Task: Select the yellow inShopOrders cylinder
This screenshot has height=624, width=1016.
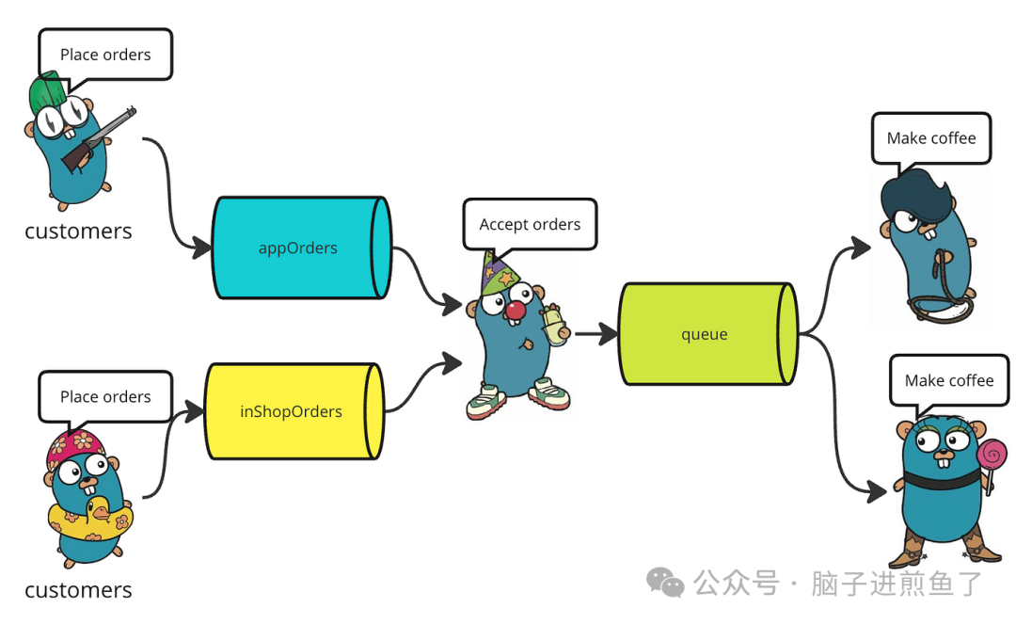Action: point(292,411)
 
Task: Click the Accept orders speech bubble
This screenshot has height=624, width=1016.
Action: point(530,224)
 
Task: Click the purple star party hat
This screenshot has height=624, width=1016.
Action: point(498,273)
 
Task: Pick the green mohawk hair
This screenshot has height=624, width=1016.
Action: point(48,94)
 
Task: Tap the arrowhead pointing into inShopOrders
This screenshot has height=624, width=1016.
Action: point(196,410)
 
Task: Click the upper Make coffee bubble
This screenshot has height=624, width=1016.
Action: point(931,137)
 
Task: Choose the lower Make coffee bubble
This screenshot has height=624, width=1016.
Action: point(948,380)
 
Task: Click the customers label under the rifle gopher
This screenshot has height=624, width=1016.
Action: point(78,231)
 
